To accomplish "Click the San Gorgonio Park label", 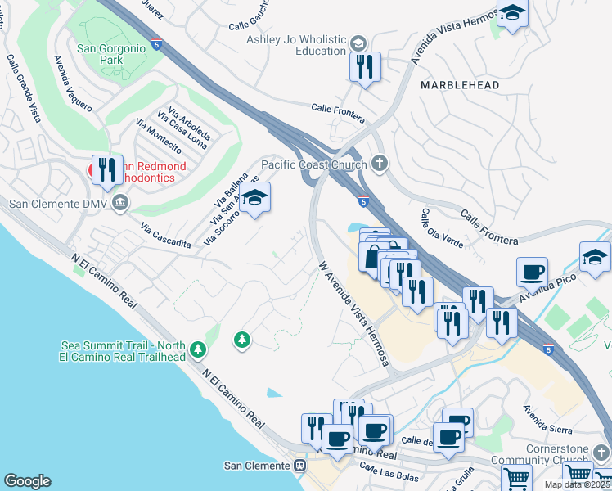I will tap(110, 53).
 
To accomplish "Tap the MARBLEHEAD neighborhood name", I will tap(460, 85).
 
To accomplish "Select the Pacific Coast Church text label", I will tap(313, 164).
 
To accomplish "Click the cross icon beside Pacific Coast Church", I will tap(378, 164).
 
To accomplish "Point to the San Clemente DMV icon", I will tap(120, 203).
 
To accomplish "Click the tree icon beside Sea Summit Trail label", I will tap(197, 350).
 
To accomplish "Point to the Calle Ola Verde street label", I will tap(436, 228).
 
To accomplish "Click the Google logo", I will tap(28, 481).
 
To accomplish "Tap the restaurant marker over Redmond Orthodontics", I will tap(107, 170).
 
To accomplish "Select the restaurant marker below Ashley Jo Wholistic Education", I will tap(366, 67).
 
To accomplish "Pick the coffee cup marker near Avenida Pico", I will tap(532, 273).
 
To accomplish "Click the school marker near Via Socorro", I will tap(255, 198).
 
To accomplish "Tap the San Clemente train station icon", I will tap(299, 466).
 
